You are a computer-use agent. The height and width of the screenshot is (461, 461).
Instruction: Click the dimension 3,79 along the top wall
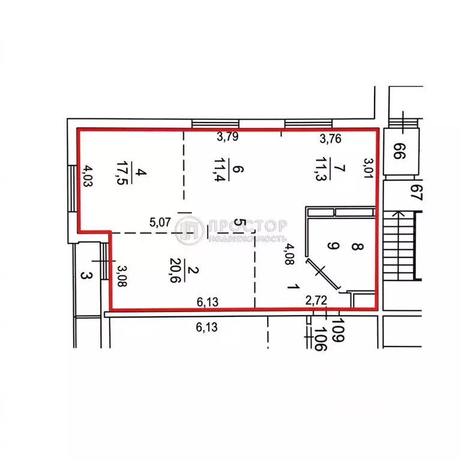pos(227,137)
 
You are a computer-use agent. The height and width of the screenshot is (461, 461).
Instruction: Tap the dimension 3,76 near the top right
pos(331,139)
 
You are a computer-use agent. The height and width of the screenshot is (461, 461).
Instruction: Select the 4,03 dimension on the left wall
pos(87,175)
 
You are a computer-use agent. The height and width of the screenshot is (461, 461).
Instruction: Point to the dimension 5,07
pos(160,223)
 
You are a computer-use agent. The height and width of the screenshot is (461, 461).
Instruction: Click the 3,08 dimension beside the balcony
pos(122,276)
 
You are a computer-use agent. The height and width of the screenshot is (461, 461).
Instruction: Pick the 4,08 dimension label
pos(289,254)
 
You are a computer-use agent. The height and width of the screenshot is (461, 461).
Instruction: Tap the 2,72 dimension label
pos(316,301)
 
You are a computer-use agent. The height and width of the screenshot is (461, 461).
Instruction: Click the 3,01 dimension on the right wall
pos(368,168)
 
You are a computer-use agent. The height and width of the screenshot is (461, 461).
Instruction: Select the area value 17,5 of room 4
pos(121,173)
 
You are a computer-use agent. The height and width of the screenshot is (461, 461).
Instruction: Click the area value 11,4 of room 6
pos(219,170)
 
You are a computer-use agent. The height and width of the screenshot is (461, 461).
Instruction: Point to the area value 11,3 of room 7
pos(321,169)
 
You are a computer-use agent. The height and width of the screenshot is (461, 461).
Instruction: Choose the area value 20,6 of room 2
pos(175,270)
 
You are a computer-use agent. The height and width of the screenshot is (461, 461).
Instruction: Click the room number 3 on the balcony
pos(86,276)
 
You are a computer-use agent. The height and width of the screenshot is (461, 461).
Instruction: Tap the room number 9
pos(333,246)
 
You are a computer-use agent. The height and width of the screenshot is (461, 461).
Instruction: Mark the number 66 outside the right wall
pos(399,151)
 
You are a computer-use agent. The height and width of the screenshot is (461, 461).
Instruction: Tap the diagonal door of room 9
pos(323,274)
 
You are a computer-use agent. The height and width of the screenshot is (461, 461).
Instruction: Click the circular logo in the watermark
pos(189,230)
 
